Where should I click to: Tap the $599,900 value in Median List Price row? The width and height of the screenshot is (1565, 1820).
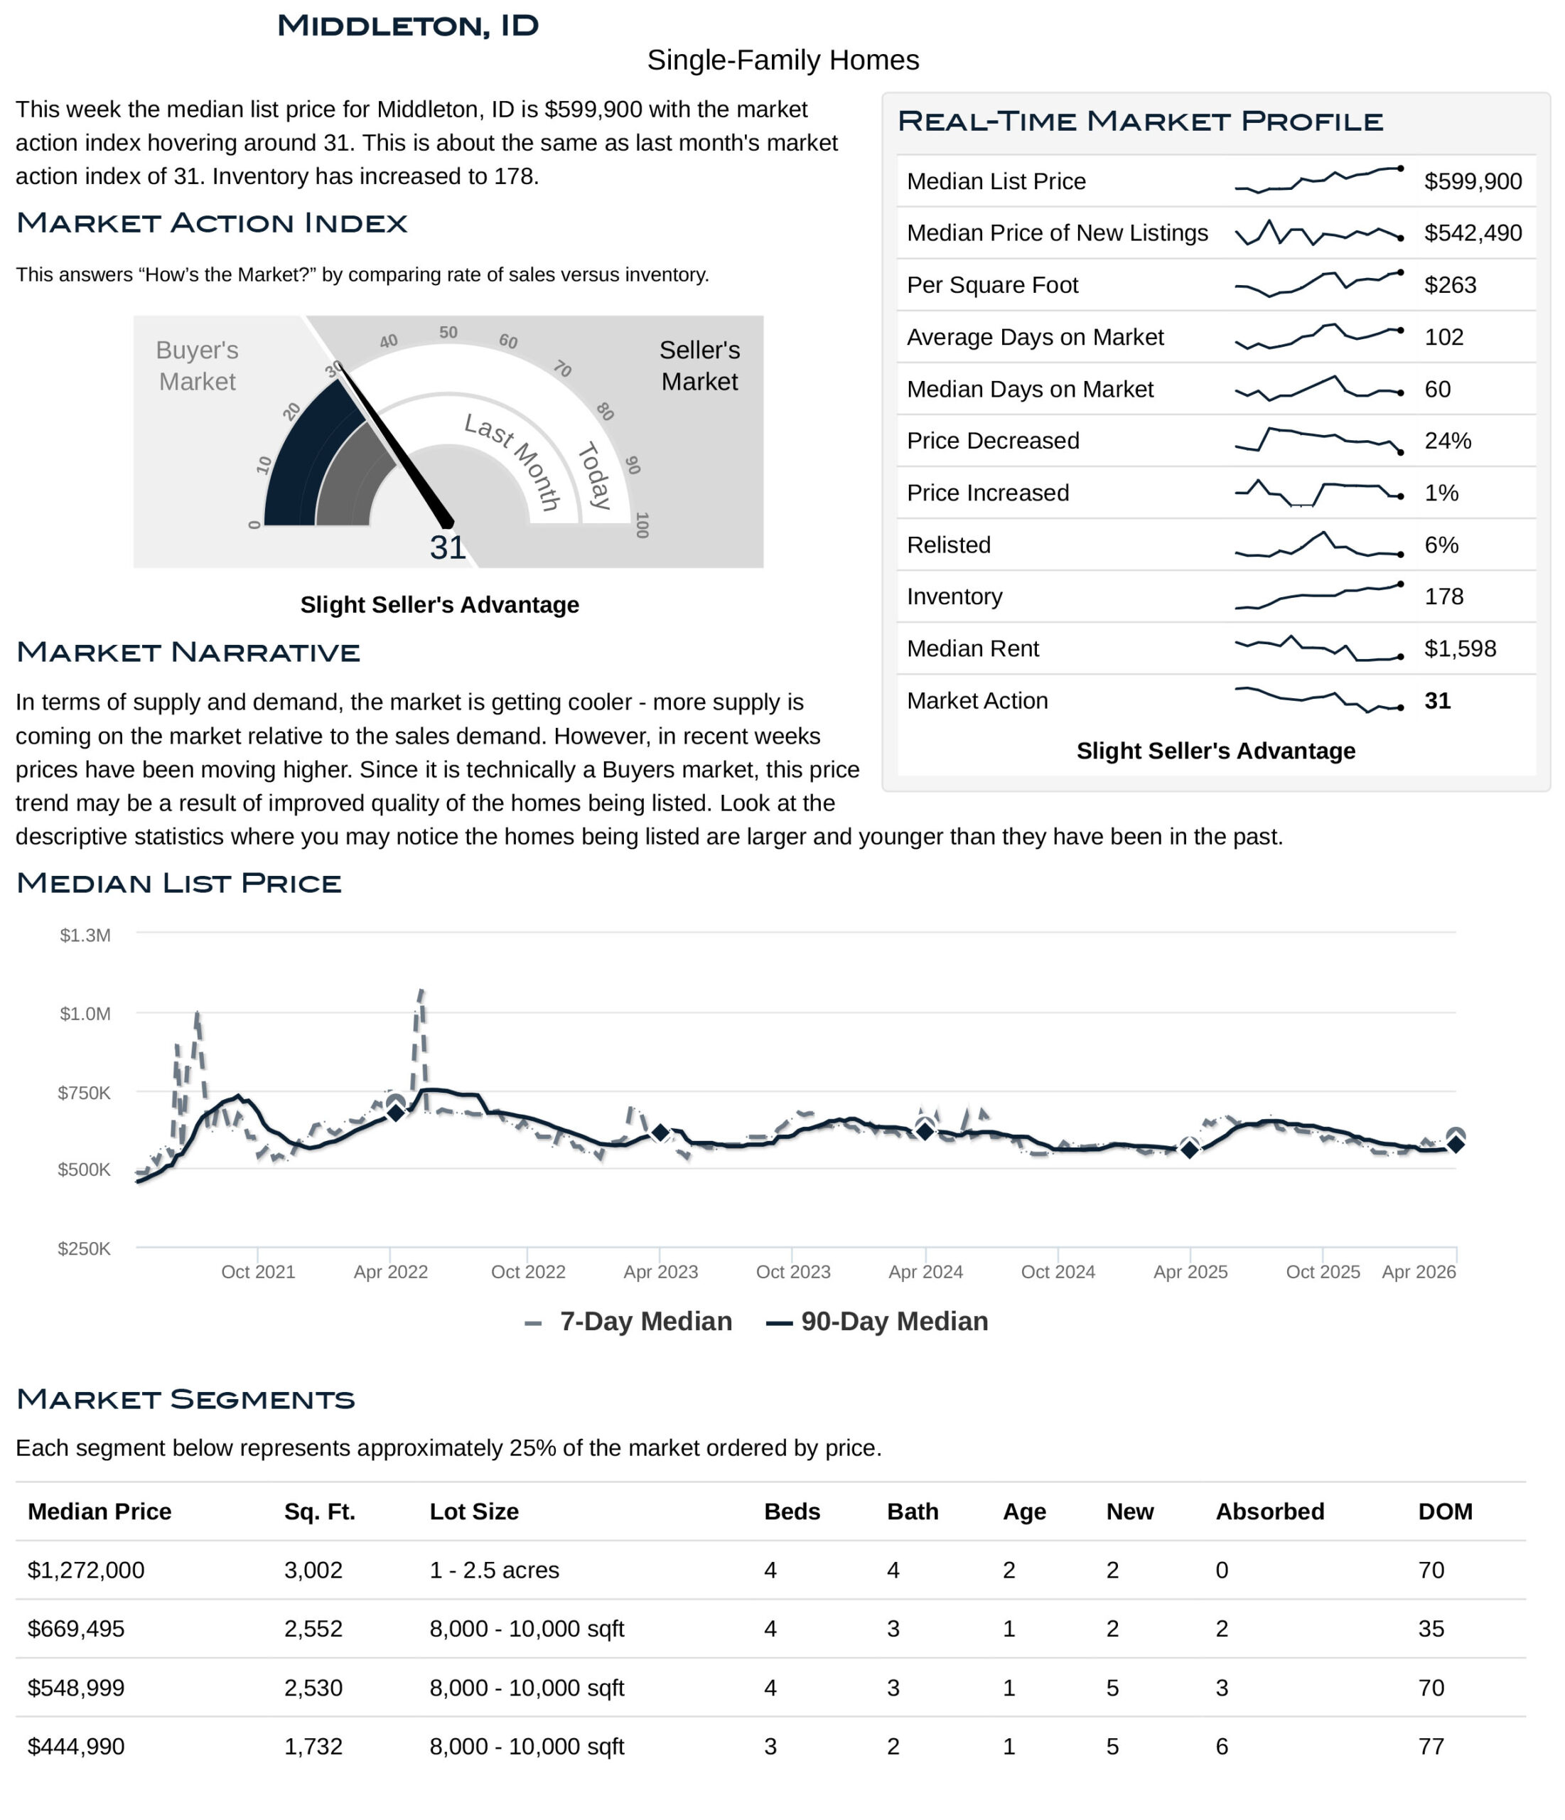(x=1472, y=182)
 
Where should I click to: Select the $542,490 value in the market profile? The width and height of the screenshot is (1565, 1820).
(x=1472, y=234)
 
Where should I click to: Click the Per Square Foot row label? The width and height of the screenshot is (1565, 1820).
(x=991, y=286)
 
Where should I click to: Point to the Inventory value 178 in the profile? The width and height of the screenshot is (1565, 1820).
(x=1443, y=597)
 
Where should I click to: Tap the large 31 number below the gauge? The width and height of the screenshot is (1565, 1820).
(x=447, y=548)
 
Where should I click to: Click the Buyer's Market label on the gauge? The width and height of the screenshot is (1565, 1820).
(x=197, y=365)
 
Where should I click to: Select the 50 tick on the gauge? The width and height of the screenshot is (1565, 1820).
(x=448, y=333)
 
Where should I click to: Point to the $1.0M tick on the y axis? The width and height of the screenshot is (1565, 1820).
(x=85, y=1015)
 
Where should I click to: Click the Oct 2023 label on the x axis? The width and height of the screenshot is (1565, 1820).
(x=792, y=1272)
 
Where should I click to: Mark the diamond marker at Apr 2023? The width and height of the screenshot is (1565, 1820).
(x=660, y=1134)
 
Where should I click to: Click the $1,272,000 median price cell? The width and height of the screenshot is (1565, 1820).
(x=86, y=1570)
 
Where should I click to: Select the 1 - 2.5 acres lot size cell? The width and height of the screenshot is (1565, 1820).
(x=493, y=1570)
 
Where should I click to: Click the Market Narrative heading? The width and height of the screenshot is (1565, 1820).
(x=188, y=653)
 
